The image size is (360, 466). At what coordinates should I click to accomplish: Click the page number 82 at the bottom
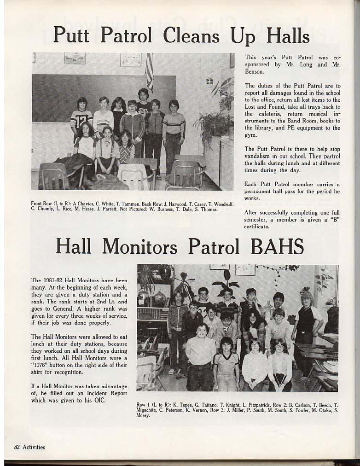tap(17, 447)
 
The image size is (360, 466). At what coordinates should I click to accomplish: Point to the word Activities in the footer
tap(34, 447)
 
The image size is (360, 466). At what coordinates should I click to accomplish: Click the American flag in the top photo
tap(149, 72)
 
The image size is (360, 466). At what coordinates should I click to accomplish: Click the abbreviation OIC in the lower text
tap(99, 400)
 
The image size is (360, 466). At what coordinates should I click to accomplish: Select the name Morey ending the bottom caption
tap(143, 415)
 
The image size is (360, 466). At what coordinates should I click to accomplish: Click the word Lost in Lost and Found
tap(251, 106)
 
